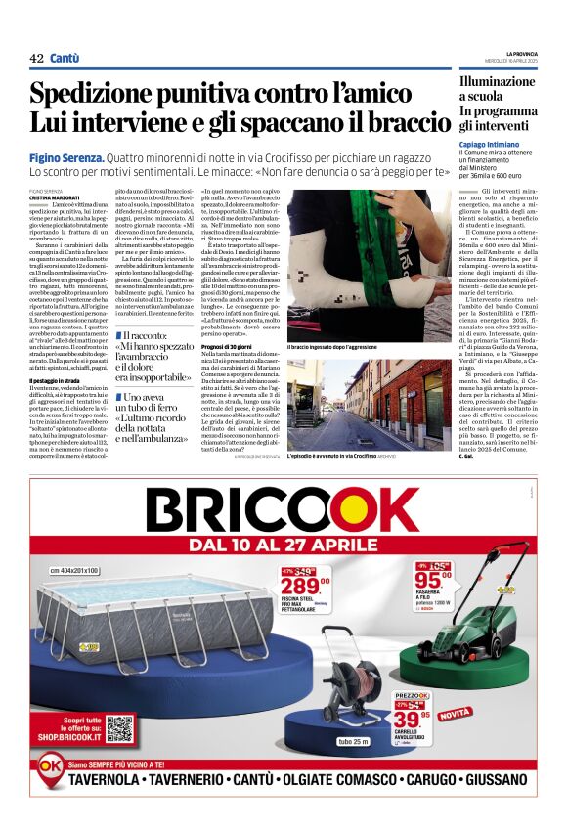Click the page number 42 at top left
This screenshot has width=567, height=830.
tap(36, 59)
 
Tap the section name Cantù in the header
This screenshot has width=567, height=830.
tap(65, 59)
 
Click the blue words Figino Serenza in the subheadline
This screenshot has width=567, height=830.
tap(65, 157)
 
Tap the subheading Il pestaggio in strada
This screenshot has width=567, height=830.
tap(59, 380)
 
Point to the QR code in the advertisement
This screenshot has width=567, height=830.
tap(119, 729)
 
